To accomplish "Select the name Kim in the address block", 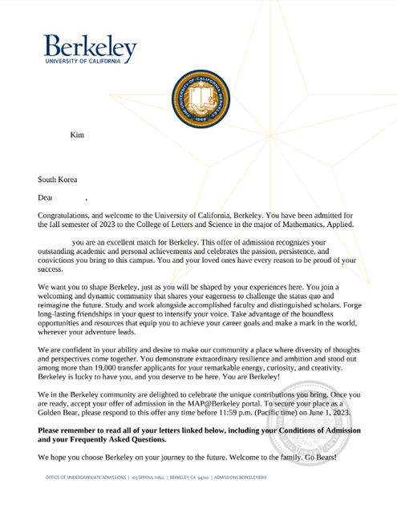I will [x=77, y=135].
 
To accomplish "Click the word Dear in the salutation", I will [x=45, y=196].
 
